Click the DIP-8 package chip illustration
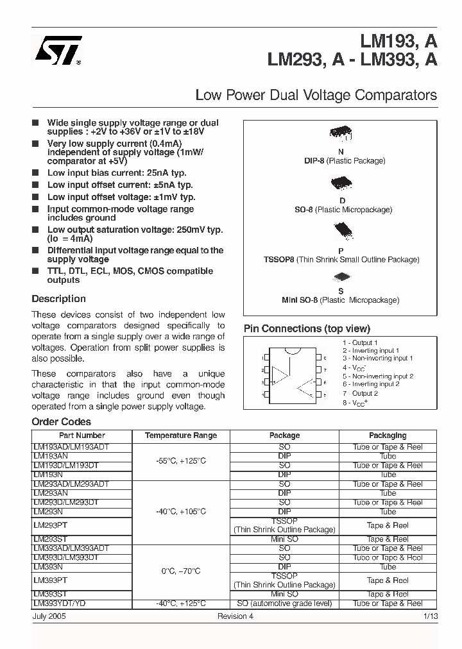tap(340, 133)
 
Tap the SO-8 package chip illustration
tap(341, 184)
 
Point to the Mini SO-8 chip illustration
tap(341, 278)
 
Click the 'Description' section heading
tap(58, 299)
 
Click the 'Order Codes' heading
tap(61, 422)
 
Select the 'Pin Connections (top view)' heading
tap(307, 328)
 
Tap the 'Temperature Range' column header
tap(181, 435)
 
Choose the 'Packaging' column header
tap(388, 435)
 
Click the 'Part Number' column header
tap(81, 435)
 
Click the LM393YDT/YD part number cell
tap(60, 603)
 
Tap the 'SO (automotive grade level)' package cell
tap(284, 603)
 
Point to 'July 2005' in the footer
tap(49, 616)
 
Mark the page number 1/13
tap(430, 616)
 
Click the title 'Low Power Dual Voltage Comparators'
tap(316, 96)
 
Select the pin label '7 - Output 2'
tap(360, 393)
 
